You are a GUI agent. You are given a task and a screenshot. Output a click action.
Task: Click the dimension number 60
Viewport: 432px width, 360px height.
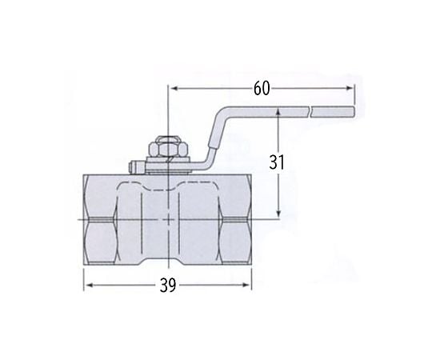pos(262,89)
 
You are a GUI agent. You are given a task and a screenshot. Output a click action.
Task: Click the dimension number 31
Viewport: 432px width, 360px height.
pos(276,162)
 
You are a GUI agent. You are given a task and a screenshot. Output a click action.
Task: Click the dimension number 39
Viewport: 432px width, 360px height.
pos(168,285)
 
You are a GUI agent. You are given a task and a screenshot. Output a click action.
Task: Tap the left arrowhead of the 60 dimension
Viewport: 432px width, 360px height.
pos(174,88)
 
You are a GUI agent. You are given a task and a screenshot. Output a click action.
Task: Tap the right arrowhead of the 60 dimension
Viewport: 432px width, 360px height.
pos(349,88)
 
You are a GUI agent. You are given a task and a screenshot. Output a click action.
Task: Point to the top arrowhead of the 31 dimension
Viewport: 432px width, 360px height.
pos(279,112)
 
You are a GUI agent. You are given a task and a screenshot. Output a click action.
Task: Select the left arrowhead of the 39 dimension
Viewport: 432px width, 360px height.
pos(89,285)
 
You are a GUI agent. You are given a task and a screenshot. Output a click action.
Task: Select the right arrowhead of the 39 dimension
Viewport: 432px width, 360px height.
pos(246,285)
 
